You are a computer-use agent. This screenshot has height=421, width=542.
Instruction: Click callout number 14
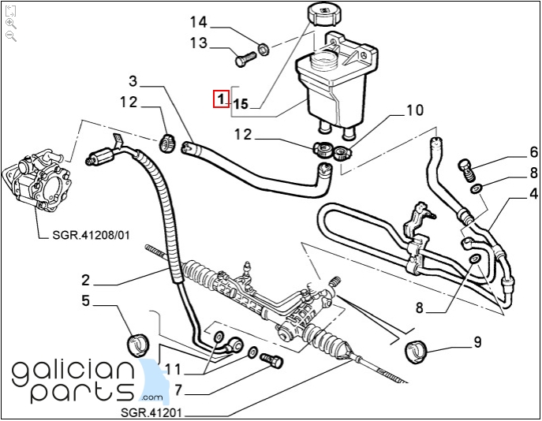tap(197, 20)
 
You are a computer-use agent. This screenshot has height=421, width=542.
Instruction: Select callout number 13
tap(197, 43)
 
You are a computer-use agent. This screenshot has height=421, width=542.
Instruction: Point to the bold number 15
tap(241, 103)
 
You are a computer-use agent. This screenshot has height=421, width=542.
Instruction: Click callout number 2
tap(85, 279)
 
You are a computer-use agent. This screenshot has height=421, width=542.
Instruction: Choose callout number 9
tap(477, 342)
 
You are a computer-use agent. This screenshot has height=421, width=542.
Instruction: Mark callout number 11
tap(173, 369)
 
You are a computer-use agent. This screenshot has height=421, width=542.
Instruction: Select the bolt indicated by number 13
tap(244, 57)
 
